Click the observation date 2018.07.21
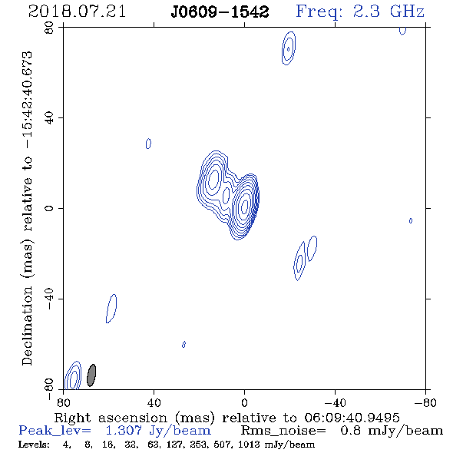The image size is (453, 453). click(77, 12)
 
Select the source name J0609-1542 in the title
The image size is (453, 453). click(220, 12)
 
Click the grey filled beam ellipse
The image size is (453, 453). click(91, 375)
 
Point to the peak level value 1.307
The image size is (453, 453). click(124, 431)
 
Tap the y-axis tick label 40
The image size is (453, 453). click(49, 118)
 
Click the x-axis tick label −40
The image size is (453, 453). click(335, 403)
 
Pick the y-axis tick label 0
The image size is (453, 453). click(49, 208)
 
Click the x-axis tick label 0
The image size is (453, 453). click(244, 403)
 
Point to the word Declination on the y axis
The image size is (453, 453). click(27, 326)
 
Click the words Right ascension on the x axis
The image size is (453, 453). click(111, 418)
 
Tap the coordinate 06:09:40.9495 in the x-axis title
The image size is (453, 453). click(352, 418)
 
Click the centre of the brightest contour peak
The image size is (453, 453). click(244, 206)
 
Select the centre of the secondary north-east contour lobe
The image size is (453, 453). click(213, 179)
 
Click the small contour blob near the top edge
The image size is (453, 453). click(289, 48)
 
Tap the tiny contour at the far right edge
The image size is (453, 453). click(411, 220)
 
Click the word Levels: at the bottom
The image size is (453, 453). click(34, 445)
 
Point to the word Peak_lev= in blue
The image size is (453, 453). click(55, 431)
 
